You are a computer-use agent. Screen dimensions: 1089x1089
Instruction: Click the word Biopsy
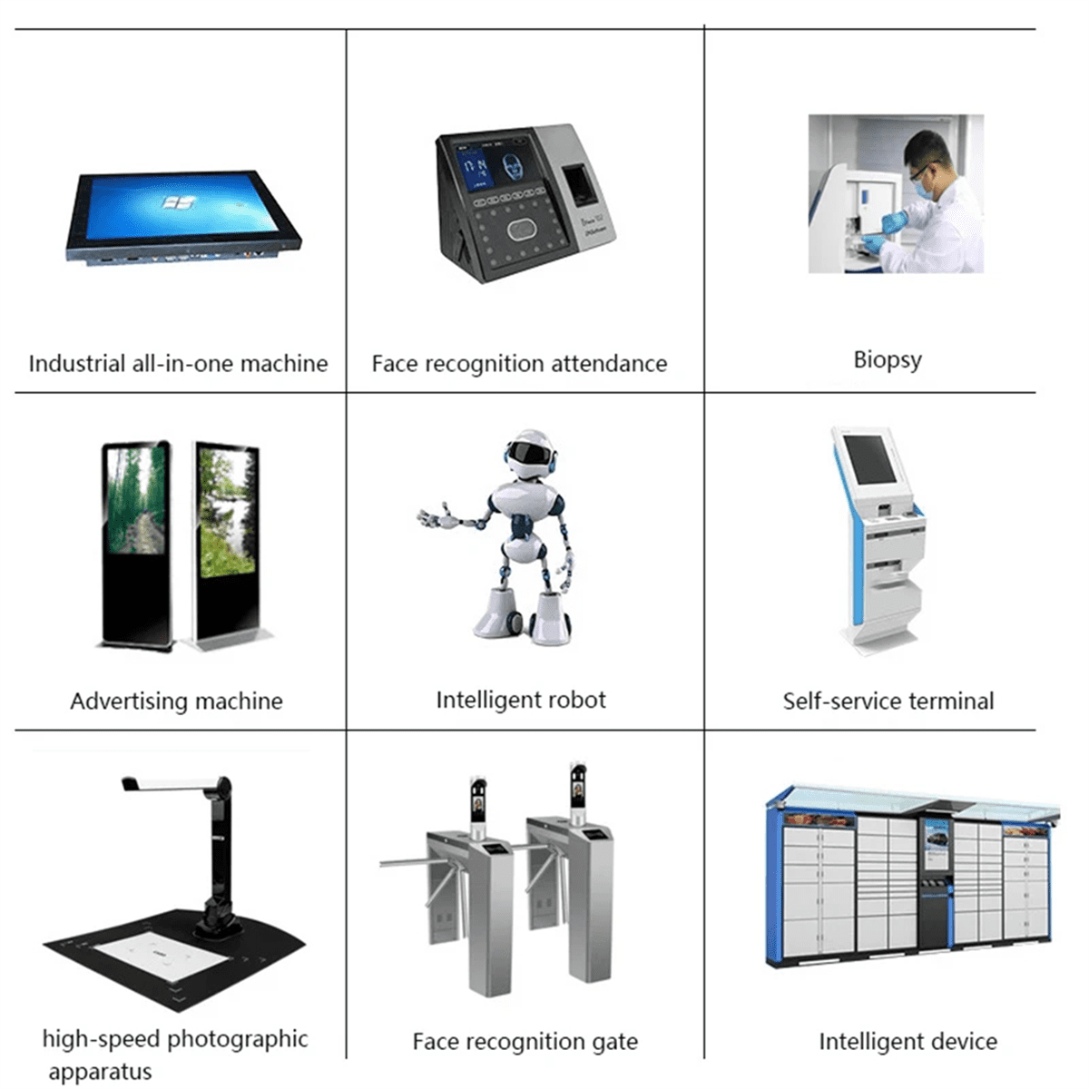click(x=888, y=360)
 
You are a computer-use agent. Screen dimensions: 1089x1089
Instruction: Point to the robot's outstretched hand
click(x=436, y=516)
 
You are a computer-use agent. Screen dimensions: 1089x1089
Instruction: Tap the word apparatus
click(x=100, y=1072)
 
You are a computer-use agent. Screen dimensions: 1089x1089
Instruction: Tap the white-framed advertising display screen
click(x=227, y=512)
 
